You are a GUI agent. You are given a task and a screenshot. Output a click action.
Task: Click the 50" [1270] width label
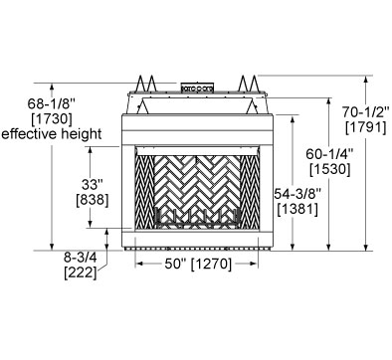(x=197, y=266)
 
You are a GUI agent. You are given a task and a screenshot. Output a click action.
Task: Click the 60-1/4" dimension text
(x=325, y=155)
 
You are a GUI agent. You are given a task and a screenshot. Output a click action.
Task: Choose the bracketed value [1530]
(x=325, y=171)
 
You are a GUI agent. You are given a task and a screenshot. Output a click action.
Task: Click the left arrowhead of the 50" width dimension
(x=136, y=266)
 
